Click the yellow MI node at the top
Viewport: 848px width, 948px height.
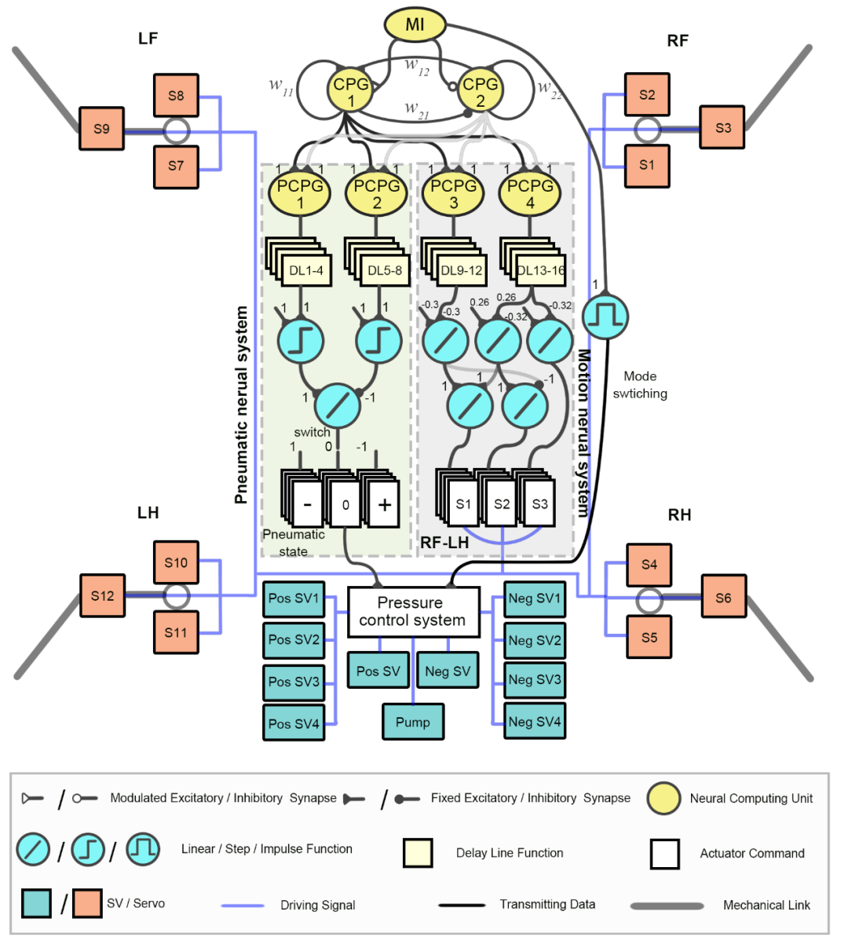415,25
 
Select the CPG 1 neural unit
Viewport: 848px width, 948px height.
350,92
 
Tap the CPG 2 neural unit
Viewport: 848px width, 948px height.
480,92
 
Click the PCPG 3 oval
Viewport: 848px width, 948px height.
453,194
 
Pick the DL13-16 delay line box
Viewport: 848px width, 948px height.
541,271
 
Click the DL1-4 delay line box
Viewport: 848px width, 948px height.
306,271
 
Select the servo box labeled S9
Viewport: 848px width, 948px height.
101,129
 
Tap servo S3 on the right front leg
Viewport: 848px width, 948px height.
722,128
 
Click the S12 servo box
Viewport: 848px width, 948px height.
102,595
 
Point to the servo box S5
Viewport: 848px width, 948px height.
649,637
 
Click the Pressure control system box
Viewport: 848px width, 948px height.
413,611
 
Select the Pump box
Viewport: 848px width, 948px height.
413,722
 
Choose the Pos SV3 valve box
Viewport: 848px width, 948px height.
294,682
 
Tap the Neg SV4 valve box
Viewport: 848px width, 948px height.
535,721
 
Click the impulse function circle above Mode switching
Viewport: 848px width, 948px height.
605,316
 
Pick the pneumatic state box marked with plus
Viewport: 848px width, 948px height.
384,504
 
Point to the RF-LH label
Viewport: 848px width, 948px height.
444,543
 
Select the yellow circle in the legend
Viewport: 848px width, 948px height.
663,798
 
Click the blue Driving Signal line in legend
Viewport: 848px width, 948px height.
243,905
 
